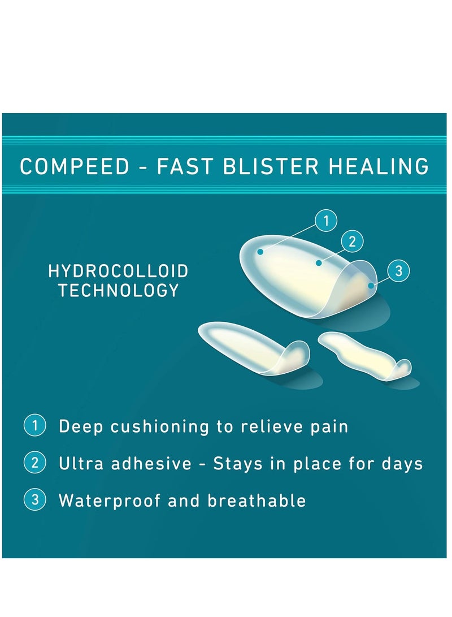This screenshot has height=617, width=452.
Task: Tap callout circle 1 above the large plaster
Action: pos(325,221)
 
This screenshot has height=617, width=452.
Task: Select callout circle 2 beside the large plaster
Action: pos(352,241)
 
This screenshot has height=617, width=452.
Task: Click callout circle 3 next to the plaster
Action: pos(398,271)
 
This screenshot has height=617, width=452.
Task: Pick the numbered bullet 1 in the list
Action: pos(35,425)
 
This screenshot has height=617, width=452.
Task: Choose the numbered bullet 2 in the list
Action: pos(35,463)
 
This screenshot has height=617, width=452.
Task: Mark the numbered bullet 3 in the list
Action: pos(35,500)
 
